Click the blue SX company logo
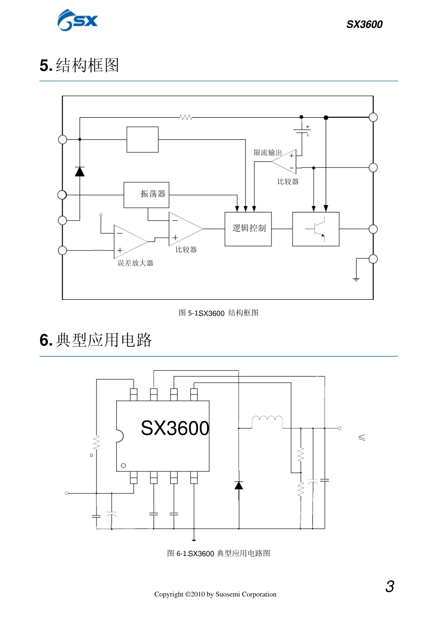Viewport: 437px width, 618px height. [77, 21]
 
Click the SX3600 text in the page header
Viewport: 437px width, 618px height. [364, 24]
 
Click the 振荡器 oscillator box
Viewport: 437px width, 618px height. [146, 195]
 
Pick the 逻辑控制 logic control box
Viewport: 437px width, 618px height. [248, 229]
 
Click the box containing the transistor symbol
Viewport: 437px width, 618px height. [316, 229]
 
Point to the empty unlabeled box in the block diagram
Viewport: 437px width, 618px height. [143, 139]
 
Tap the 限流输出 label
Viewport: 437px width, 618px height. [268, 153]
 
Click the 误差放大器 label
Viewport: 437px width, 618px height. [135, 263]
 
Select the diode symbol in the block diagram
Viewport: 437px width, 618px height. [80, 172]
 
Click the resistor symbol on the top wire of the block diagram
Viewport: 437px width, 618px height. [186, 118]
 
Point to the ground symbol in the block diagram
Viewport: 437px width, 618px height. [356, 279]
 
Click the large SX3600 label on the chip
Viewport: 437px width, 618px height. [175, 428]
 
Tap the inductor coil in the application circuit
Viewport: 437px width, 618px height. [267, 418]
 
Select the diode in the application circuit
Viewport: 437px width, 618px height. [239, 485]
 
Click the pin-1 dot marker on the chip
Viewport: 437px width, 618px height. [123, 466]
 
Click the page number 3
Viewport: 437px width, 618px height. [390, 587]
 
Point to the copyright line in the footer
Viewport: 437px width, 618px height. [215, 594]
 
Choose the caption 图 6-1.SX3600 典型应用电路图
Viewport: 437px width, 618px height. [218, 553]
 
